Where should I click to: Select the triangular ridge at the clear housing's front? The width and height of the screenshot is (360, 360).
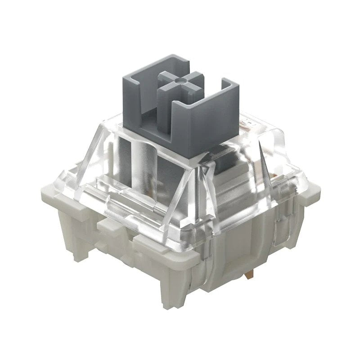pyautogui.click(x=198, y=189)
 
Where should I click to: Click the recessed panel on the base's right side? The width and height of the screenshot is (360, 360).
pyautogui.click(x=252, y=243)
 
